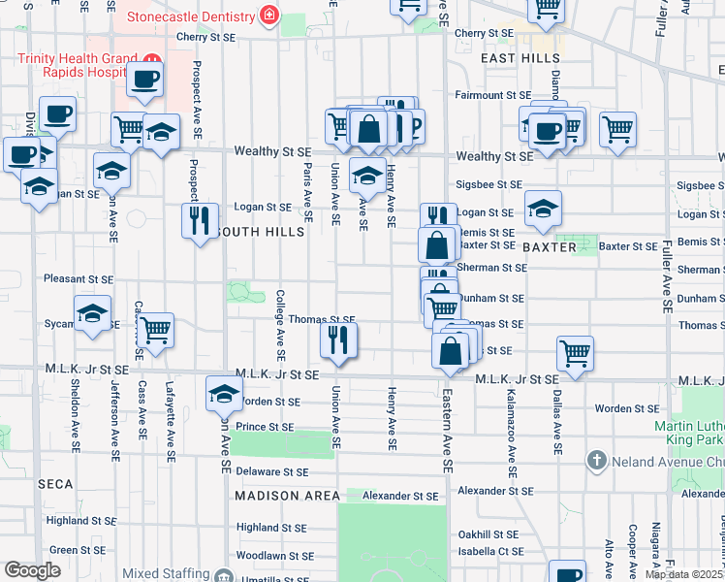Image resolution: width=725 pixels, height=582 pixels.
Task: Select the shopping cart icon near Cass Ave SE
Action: click(x=155, y=330)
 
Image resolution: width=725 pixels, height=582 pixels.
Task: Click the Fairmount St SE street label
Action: click(x=493, y=95)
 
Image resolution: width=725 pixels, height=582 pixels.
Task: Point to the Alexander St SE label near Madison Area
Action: click(x=399, y=496)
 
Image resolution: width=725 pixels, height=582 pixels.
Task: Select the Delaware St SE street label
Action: click(x=272, y=472)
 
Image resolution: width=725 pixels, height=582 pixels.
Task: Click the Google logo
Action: click(x=32, y=570)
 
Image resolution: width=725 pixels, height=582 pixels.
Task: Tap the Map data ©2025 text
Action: click(x=682, y=574)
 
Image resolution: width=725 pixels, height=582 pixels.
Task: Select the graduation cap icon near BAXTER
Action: click(x=543, y=208)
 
